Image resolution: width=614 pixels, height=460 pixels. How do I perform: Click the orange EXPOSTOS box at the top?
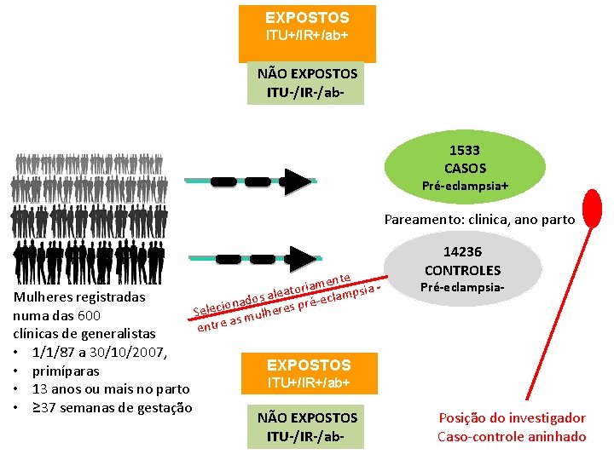307,27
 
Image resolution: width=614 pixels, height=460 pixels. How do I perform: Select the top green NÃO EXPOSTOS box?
306,83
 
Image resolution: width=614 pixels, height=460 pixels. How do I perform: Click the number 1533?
465,151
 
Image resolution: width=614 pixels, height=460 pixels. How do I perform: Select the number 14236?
463,252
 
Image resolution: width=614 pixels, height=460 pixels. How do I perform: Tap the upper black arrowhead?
297,182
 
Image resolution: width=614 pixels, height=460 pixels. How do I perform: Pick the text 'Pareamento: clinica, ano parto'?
479,220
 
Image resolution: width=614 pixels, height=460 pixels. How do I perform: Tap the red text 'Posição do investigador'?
512,418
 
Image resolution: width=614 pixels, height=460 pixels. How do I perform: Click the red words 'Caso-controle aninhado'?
512,437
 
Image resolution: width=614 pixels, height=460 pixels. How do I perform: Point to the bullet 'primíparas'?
65,371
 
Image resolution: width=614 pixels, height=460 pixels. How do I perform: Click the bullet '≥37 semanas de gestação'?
112,408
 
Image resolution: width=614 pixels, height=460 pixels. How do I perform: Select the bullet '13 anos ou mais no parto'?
110,389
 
